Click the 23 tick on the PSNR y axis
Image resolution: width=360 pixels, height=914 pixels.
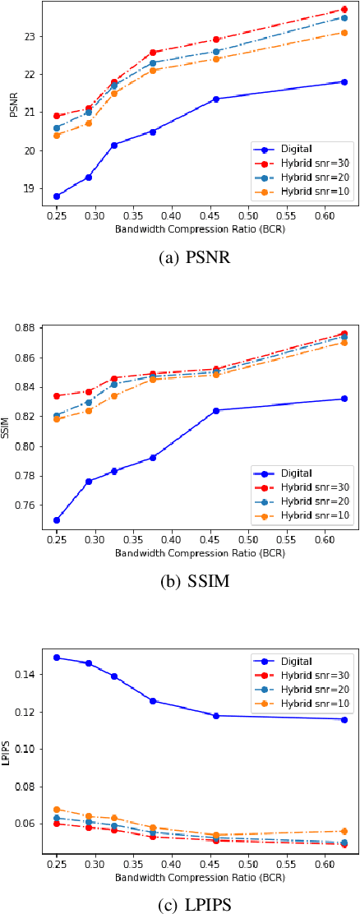[x=33, y=36]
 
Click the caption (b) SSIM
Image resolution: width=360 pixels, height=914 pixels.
[x=194, y=582]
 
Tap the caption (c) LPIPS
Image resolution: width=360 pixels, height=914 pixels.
[x=194, y=905]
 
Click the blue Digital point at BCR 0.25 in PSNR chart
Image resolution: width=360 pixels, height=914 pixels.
[x=57, y=196]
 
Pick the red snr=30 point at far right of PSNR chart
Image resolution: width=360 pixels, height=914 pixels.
[x=344, y=10]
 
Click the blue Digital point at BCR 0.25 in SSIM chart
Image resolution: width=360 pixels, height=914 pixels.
[x=57, y=520]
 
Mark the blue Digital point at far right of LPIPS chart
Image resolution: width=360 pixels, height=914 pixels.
[x=344, y=719]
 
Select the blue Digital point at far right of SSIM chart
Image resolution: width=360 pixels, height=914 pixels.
[x=344, y=399]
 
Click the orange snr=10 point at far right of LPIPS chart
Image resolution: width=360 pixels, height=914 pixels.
[x=344, y=831]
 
